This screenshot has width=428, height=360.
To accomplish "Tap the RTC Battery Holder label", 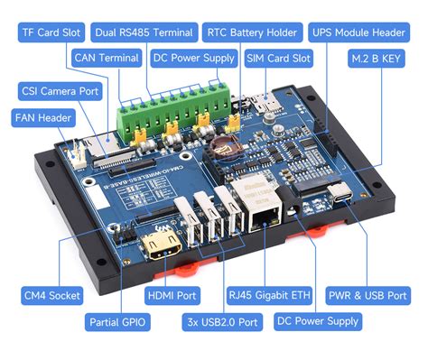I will pos(251,32).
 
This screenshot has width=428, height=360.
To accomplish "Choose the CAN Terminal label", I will pos(107,59).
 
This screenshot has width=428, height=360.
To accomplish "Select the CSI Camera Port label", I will pos(59,91).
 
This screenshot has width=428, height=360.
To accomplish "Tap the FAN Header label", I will pos(42,118).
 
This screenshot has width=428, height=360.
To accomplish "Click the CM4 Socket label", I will pos(51,294).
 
